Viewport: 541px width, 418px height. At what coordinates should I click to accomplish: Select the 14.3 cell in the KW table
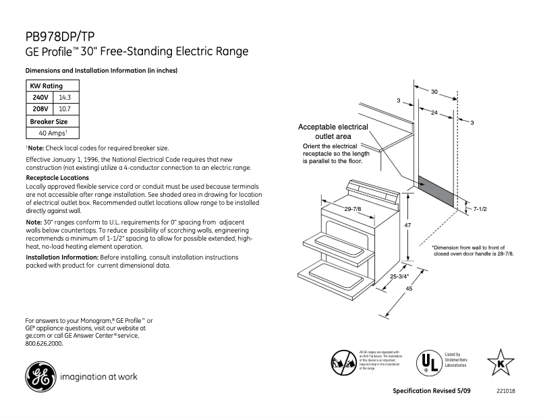pos(65,97)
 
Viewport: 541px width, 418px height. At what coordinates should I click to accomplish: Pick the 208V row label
pos(40,108)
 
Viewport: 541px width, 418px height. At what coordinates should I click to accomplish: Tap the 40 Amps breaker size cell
pos(52,133)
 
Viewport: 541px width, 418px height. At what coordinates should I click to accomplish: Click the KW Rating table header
pos(46,86)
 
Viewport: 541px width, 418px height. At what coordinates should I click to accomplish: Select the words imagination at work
pos(98,377)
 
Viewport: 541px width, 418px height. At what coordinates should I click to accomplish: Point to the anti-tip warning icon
pos(343,363)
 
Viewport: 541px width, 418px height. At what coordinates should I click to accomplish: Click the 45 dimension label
pos(408,289)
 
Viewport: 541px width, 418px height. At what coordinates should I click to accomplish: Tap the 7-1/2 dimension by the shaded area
pos(480,210)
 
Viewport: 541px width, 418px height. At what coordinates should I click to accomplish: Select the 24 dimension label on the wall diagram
pos(434,113)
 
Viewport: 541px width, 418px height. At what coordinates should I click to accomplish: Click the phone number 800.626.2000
pos(44,343)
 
